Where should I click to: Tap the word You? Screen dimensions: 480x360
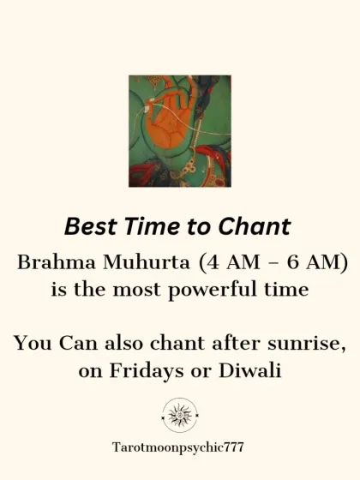(x=31, y=345)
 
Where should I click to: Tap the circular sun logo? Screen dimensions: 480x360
(x=180, y=415)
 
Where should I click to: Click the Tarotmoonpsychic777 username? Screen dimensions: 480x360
(x=180, y=448)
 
